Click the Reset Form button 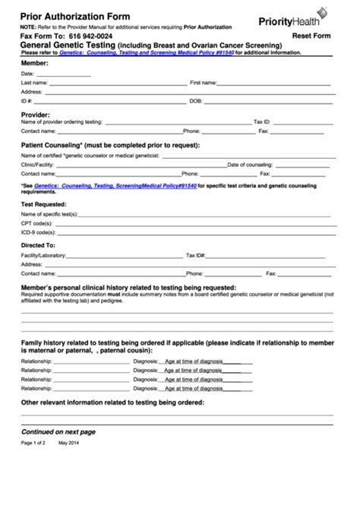(313, 36)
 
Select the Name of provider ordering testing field (175, 121)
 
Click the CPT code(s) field (190, 224)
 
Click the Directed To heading (38, 245)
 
